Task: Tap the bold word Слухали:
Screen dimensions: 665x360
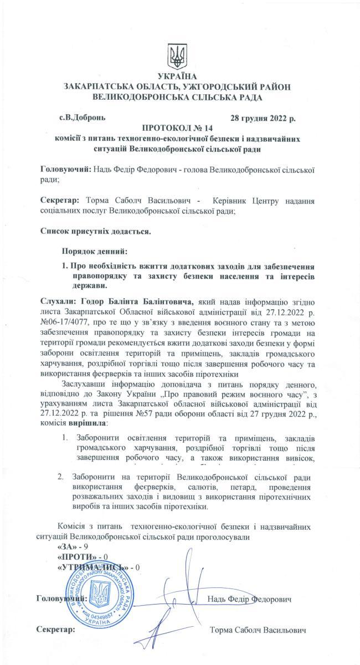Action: [x=59, y=301]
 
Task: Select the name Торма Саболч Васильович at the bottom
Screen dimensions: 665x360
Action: [x=258, y=631]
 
